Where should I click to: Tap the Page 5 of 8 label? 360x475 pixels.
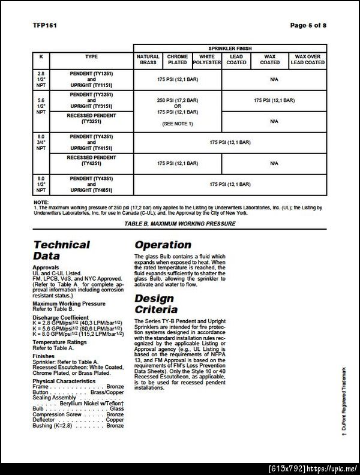[308, 25]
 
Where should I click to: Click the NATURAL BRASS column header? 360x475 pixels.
[148, 59]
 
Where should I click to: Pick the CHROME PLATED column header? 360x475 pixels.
[178, 59]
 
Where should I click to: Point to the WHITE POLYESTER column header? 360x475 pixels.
[207, 59]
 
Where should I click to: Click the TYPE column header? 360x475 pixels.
[91, 56]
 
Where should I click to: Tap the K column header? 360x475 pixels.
[41, 56]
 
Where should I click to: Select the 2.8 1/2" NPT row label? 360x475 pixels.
[41, 79]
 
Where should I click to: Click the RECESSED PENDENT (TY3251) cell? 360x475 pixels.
[91, 118]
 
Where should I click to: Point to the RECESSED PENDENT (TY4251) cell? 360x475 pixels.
[91, 163]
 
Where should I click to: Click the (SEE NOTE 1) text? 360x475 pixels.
[178, 123]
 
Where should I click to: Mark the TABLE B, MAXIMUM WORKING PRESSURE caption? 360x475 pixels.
[179, 223]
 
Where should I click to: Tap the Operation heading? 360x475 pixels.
[163, 245]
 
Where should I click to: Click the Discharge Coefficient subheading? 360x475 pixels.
[60, 317]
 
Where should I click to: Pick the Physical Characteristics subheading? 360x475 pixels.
[64, 381]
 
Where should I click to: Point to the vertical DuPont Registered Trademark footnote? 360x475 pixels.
[344, 404]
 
